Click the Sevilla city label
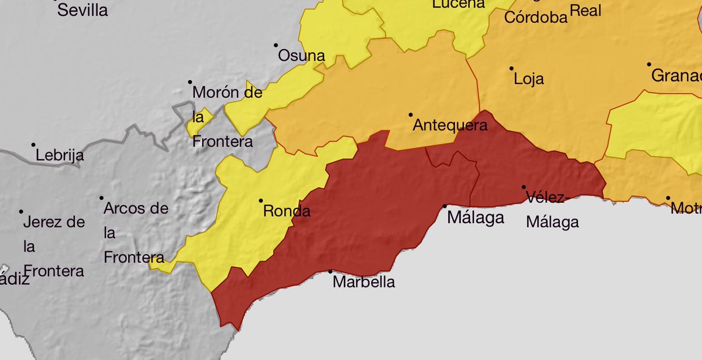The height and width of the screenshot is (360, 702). pos(82,10)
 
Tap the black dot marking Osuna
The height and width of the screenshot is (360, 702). pos(276,45)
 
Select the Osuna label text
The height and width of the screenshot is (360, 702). pos(301,56)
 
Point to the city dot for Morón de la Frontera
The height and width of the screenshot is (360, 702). pos(190,83)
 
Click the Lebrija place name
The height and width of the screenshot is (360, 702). pos(60,156)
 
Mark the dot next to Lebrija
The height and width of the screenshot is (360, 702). pos(34,145)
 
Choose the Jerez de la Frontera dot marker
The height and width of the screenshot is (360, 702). pos(22,212)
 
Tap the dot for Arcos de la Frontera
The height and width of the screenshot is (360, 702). pos(102,198)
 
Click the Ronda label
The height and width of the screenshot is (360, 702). pos(287,211)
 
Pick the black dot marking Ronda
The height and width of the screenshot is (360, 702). pos(261,201)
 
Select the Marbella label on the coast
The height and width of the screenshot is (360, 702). pos(363,282)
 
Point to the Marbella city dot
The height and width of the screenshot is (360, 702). pos(331,272)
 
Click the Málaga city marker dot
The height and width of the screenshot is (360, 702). pos(445,206)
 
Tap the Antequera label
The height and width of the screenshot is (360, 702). pos(450,125)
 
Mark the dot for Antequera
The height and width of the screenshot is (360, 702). pos(411,115)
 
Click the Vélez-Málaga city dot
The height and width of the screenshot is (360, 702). pos(524,187)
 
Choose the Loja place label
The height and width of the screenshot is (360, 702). pos(528,79)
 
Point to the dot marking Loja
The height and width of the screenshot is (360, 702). pos(511,68)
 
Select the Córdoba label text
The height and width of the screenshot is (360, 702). pos(536,17)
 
